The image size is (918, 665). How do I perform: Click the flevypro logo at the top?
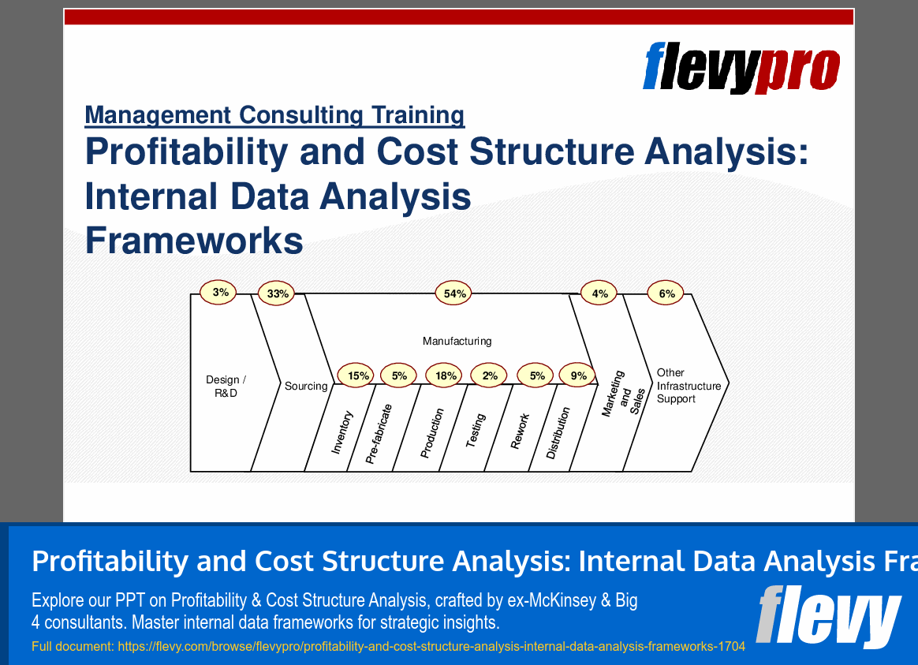pyautogui.click(x=741, y=68)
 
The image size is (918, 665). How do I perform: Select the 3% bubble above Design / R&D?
pyautogui.click(x=220, y=293)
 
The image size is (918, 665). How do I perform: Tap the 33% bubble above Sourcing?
pyautogui.click(x=278, y=294)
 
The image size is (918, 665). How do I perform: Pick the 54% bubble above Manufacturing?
pyautogui.click(x=455, y=294)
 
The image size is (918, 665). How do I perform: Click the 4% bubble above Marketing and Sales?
pyautogui.click(x=599, y=294)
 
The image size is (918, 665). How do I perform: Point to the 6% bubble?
pyautogui.click(x=666, y=294)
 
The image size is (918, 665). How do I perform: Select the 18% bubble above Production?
pyautogui.click(x=446, y=376)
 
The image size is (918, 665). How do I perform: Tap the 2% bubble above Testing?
pyautogui.click(x=490, y=376)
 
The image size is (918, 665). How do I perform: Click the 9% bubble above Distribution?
pyautogui.click(x=578, y=376)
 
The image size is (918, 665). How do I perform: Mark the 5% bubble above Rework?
pyautogui.click(x=536, y=376)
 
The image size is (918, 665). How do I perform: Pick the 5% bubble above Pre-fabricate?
pyautogui.click(x=399, y=376)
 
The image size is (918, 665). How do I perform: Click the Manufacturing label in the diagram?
pyautogui.click(x=457, y=342)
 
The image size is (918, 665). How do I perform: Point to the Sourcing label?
pyautogui.click(x=306, y=387)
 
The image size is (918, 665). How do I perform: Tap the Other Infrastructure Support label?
pyautogui.click(x=688, y=386)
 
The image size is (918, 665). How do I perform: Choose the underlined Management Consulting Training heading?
pyautogui.click(x=274, y=115)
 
